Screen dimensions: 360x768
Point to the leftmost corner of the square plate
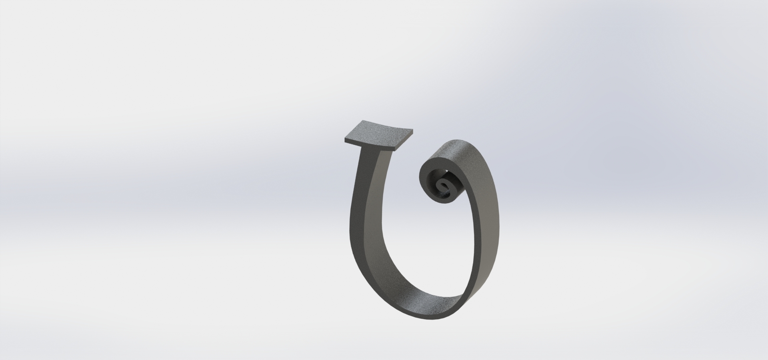(x=344, y=140)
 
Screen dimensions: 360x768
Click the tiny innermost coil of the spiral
(x=443, y=186)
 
